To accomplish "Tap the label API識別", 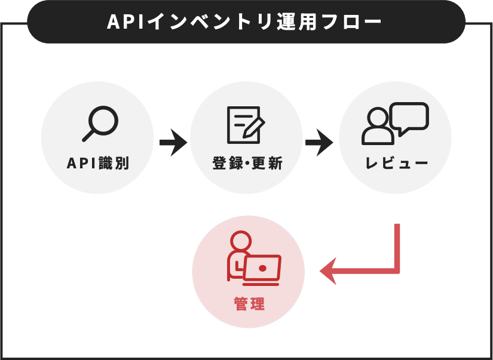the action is (98, 164).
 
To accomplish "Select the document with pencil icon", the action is (246, 125).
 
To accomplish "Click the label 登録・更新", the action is (247, 164).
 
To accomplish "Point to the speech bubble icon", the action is (409, 117).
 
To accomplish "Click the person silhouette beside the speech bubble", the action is (378, 126).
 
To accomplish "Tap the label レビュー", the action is (396, 164).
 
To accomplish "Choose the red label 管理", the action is (249, 304).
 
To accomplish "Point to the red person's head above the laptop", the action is (241, 241).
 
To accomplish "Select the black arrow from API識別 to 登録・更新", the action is (173, 142).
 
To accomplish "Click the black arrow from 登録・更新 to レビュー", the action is (319, 142).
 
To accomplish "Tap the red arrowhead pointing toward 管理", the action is (328, 271).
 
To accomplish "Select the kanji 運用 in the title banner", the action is (297, 22).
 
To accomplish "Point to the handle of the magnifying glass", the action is (88, 136).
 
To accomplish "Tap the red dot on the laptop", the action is (263, 268).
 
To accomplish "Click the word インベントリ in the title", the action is (210, 22).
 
